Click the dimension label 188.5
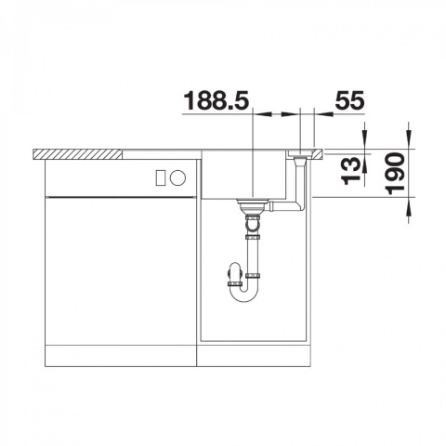[x=216, y=100]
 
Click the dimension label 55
[x=349, y=100]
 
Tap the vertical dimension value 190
[x=395, y=174]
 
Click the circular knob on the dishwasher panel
[x=178, y=178]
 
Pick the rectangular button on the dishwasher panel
[x=161, y=178]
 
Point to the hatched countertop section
[x=77, y=154]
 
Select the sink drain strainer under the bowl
[x=252, y=205]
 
